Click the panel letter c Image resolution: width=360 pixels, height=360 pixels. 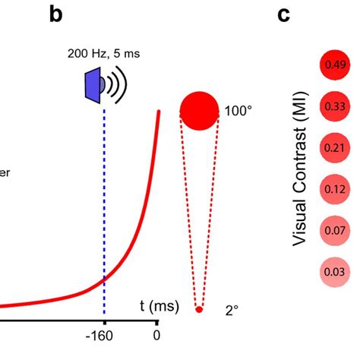[283, 15]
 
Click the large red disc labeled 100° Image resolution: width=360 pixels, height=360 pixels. [199, 109]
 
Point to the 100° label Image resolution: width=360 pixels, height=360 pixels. [238, 111]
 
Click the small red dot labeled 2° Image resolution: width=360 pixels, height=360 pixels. [199, 309]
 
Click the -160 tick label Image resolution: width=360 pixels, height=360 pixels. [105, 335]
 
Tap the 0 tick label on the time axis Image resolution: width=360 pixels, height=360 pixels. [157, 335]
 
